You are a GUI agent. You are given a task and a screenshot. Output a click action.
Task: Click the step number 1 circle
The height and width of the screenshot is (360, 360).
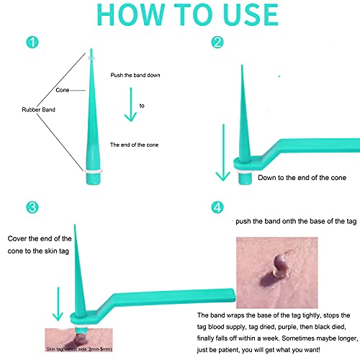(x=32, y=42)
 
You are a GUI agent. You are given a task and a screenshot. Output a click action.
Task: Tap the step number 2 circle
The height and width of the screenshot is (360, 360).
(x=217, y=42)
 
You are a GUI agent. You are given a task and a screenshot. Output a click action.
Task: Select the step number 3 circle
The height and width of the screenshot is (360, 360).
(x=32, y=207)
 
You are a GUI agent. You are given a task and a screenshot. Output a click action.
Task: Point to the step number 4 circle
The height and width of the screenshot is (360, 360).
(x=217, y=207)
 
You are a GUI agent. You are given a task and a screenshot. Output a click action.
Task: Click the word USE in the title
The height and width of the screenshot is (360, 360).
(x=251, y=15)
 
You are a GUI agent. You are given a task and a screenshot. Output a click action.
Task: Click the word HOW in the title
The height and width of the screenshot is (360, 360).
(x=131, y=15)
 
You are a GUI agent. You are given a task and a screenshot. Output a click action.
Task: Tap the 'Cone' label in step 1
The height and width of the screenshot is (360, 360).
(x=63, y=90)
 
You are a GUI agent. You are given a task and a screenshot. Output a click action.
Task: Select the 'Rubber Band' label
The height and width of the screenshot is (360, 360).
(x=38, y=109)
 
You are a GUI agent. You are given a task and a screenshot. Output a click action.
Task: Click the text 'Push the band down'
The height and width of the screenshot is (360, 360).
(x=135, y=75)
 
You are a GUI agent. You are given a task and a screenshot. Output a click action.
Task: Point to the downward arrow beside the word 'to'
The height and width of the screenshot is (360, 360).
(x=130, y=104)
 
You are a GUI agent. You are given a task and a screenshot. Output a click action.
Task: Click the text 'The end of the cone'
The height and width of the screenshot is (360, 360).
(x=134, y=145)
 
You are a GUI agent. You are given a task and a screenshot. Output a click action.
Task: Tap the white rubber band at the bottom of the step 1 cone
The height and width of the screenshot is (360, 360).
(x=94, y=171)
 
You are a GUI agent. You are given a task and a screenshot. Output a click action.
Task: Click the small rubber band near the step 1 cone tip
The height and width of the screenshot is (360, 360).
(x=91, y=58)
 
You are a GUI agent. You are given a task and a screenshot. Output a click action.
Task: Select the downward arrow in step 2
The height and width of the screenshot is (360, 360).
(x=223, y=153)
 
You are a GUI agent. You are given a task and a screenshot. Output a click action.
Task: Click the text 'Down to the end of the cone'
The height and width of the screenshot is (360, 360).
(x=302, y=178)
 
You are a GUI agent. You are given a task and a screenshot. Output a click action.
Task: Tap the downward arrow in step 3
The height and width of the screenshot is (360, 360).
(x=58, y=304)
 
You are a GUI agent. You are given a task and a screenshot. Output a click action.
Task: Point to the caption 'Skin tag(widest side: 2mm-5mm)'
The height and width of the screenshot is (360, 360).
(x=79, y=349)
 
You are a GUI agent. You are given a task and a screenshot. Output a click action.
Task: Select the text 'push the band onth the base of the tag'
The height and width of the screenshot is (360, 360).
(x=296, y=221)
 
